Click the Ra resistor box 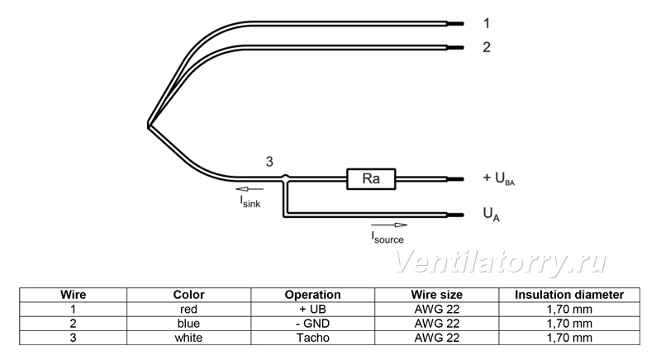coord(371,179)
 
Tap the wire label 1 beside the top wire coord(487,23)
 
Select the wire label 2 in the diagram coord(487,47)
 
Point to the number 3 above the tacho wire coord(269,161)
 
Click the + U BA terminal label coord(499,178)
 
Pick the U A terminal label coord(491,214)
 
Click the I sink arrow coord(250,189)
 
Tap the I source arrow coord(389,225)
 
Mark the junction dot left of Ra coord(285,178)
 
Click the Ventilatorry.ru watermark coord(501,263)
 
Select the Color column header coord(188,295)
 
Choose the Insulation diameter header coord(569,295)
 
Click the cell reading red coord(188,310)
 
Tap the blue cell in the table coord(188,324)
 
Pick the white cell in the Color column coord(188,338)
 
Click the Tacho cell coord(313,338)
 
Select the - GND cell coord(313,324)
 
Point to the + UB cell coord(313,310)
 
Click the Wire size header coord(437,295)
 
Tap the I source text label coord(388,238)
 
